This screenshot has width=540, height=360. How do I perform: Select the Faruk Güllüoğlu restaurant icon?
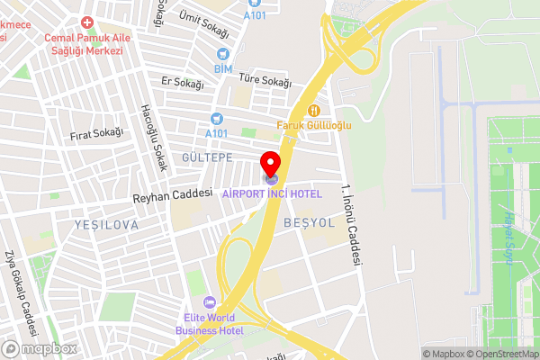coord(314,111)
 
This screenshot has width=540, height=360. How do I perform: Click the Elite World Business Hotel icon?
coord(210,302)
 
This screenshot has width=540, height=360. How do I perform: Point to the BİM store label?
coord(223,68)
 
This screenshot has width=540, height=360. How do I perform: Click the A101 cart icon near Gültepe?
coord(216,119)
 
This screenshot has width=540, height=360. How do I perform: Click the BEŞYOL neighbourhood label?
coord(309,221)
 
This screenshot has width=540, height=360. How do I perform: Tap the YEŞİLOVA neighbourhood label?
coord(107,225)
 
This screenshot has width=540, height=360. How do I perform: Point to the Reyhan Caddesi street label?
coord(171,193)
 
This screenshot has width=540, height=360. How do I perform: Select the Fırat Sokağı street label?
coord(95,133)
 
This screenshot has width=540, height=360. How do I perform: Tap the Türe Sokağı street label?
coord(265,83)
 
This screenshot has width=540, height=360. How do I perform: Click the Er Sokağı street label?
coord(182,83)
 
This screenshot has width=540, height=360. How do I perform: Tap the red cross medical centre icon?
coord(86,22)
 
